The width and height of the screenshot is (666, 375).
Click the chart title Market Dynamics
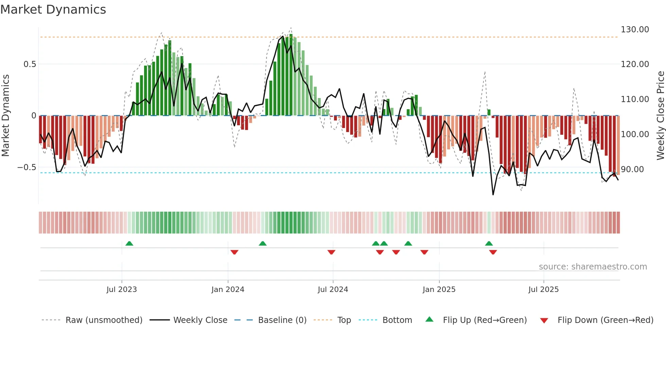coord(53,10)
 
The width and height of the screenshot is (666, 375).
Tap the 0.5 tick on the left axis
coord(30,64)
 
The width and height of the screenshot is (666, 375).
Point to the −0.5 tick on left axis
coord(27,167)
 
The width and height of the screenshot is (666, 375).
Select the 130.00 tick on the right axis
coord(634,30)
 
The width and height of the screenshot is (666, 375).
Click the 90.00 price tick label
coord(632,169)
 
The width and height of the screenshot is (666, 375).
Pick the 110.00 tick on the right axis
coord(634,99)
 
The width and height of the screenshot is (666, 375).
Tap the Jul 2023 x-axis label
coord(122,290)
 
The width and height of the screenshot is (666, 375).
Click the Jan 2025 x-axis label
coord(439,290)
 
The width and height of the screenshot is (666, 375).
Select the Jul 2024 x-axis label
coord(333,290)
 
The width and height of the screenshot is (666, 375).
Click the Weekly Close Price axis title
coord(660,116)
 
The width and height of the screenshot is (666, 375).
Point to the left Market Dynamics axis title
coord(5,116)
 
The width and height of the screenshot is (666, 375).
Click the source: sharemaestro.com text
coord(593,267)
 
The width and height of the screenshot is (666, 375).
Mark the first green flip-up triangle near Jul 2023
coord(129,243)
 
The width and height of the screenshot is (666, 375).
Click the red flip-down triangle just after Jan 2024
coord(234,252)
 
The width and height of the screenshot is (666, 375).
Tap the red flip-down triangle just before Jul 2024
coord(331,252)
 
